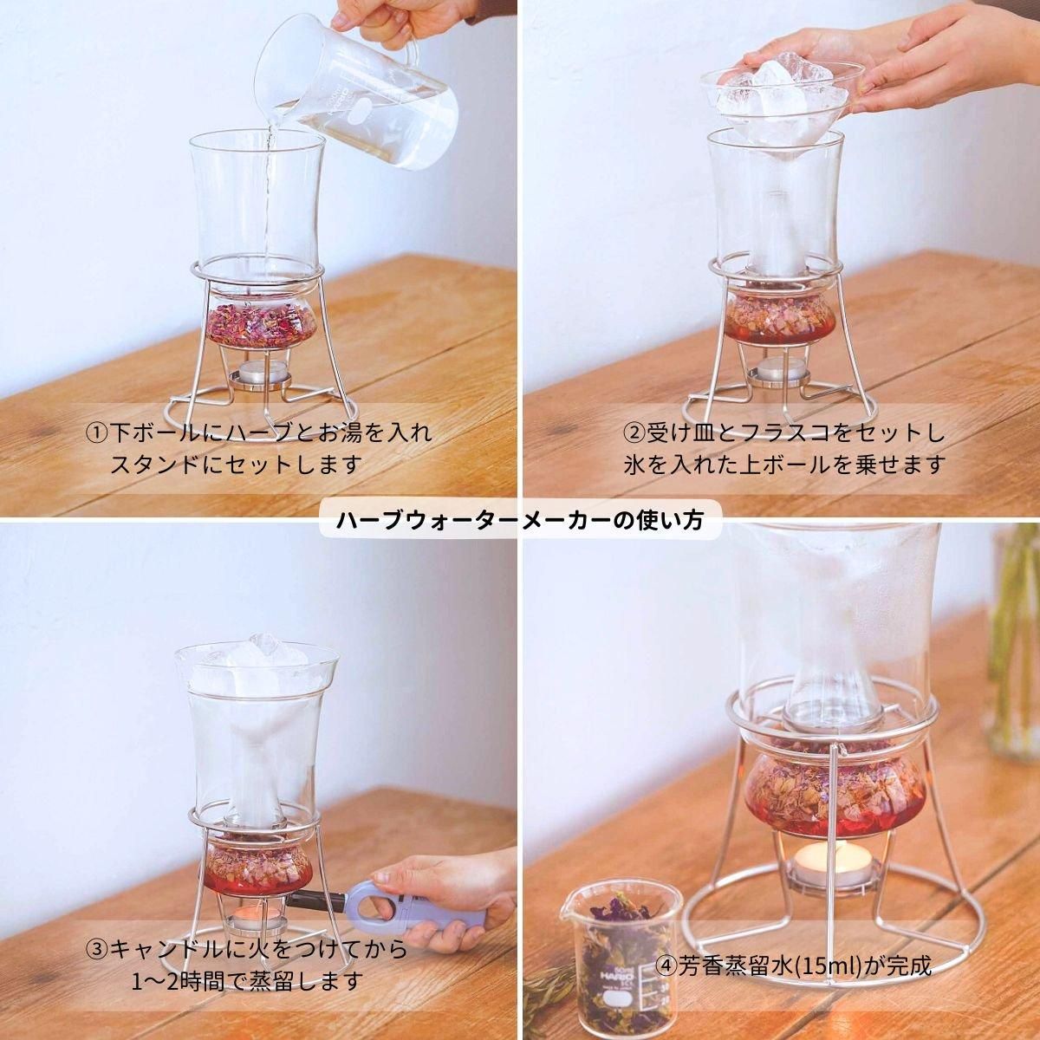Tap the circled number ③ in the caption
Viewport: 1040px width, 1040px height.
click(x=96, y=949)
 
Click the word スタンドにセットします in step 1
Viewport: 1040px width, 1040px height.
click(x=235, y=465)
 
